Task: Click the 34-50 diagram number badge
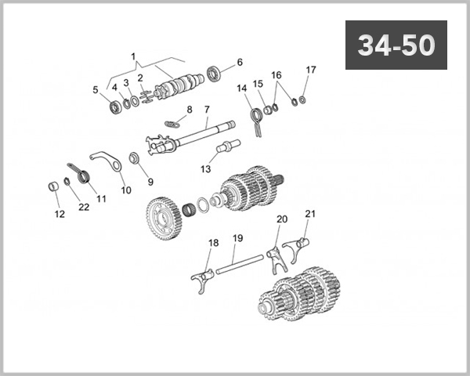tap(396, 45)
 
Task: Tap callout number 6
tap(240, 62)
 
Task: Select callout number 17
tap(311, 70)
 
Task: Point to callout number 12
tap(59, 214)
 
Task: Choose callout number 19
tap(237, 237)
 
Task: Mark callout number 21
tap(309, 213)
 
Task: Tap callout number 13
tap(207, 168)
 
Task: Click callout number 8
tap(189, 109)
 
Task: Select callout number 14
tap(243, 89)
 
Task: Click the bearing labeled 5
tap(116, 105)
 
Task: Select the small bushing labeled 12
tap(53, 188)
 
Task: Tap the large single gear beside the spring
tap(164, 214)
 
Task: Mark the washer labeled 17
tap(303, 99)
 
